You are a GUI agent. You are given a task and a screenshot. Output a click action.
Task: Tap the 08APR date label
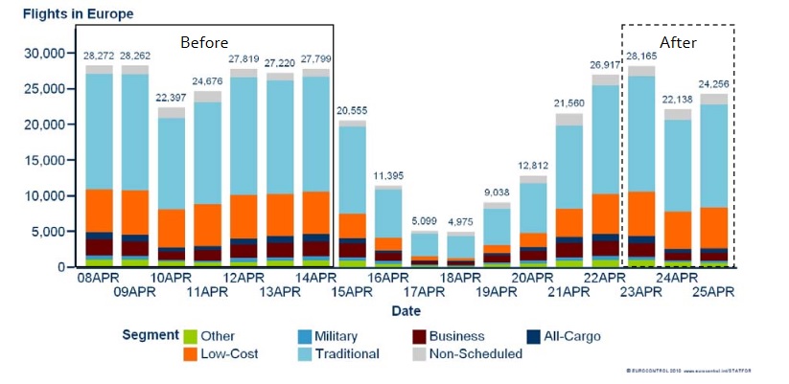click(100, 278)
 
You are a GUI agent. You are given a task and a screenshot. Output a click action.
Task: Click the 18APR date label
click(461, 278)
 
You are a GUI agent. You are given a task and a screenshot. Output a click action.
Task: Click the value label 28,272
click(100, 56)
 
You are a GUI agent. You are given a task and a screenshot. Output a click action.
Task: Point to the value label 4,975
click(461, 223)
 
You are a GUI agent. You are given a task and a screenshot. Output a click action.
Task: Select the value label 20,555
click(353, 111)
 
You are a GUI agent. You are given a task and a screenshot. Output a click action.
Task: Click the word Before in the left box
click(204, 43)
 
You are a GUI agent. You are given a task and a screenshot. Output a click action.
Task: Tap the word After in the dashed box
click(679, 43)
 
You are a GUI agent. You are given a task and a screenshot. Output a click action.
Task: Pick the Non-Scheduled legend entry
click(475, 354)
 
